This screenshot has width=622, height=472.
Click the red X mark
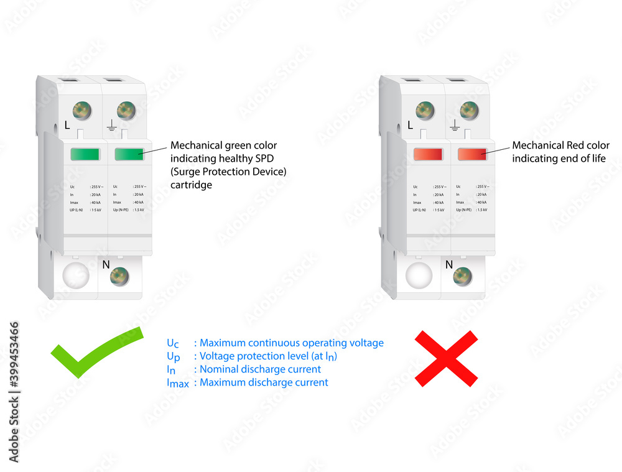446,358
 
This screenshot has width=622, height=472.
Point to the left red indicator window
428,154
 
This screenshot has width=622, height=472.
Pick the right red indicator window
472,154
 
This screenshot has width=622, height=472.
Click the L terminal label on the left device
67,125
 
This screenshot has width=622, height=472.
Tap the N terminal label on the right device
449,264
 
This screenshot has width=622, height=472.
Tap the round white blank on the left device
75,275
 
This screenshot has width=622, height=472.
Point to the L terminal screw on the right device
425,111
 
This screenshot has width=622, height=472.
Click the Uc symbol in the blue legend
173,343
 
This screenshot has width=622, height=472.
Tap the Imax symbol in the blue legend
177,383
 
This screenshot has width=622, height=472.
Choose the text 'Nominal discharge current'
260,369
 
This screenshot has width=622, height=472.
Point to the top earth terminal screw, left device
126,111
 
